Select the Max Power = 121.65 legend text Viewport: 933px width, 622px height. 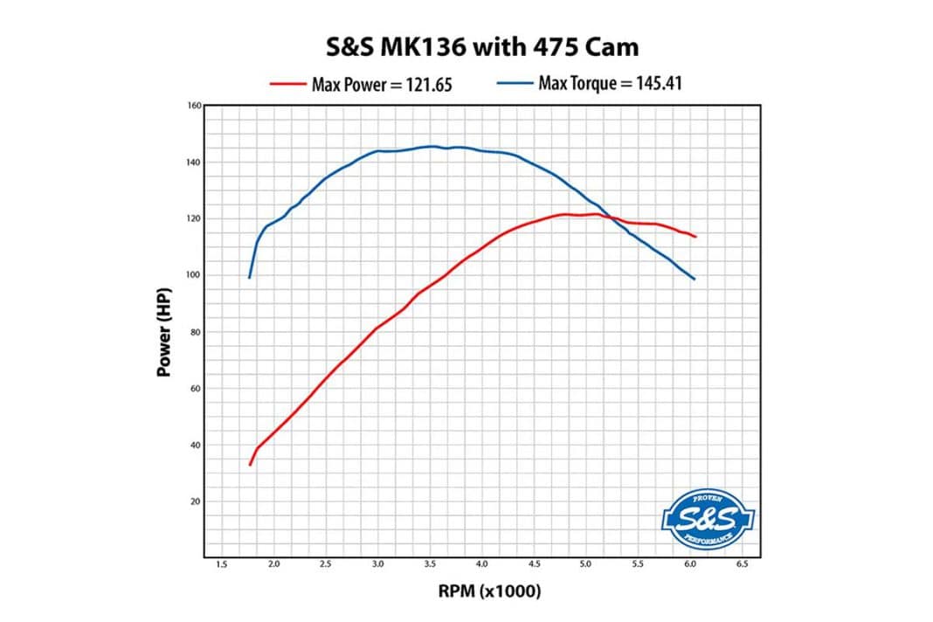(x=383, y=85)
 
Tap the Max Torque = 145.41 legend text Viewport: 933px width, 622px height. (x=611, y=84)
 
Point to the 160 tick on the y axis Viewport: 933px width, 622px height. (x=194, y=106)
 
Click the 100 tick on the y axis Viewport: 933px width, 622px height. (x=194, y=275)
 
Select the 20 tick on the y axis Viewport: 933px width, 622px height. (x=194, y=501)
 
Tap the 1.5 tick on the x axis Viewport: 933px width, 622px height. (x=221, y=566)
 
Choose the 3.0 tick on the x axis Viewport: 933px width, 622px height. (x=377, y=566)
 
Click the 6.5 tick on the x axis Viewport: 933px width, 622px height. (x=743, y=566)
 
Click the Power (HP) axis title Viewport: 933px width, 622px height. (x=163, y=331)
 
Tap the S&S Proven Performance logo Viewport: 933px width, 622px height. (x=706, y=519)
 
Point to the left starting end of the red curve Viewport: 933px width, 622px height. (x=250, y=465)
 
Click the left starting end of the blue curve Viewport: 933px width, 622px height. (x=250, y=278)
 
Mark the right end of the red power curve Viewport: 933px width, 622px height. (x=695, y=237)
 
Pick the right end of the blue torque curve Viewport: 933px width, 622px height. (x=695, y=279)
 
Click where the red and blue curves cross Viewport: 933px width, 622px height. (x=612, y=218)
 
